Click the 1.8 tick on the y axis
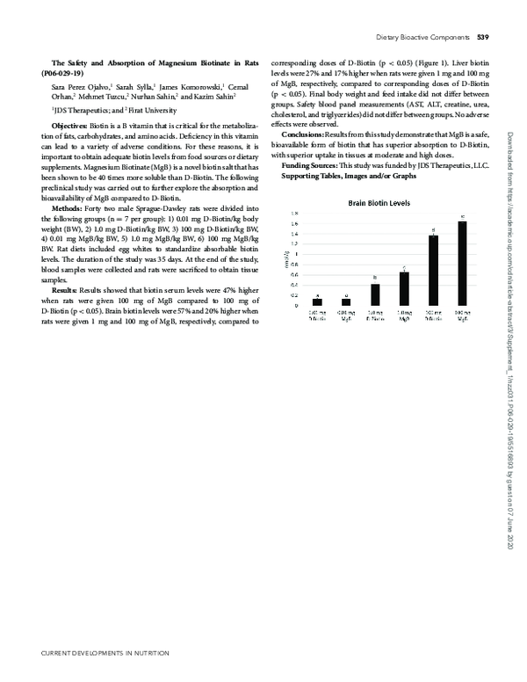coord(294,214)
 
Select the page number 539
coord(483,38)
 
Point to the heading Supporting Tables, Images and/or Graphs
coord(348,177)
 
